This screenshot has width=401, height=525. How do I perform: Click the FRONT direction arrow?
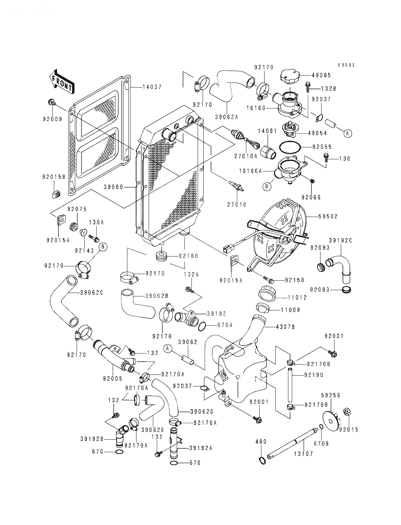click(62, 81)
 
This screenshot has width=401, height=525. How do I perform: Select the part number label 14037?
click(152, 87)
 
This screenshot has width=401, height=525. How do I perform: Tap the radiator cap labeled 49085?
click(289, 76)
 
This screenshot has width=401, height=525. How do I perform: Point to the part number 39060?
click(113, 187)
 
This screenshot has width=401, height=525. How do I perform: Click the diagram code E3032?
click(346, 65)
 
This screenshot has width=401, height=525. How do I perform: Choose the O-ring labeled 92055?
click(289, 147)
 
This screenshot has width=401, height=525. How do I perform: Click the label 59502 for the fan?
click(328, 216)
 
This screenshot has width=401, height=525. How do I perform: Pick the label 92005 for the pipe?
click(113, 378)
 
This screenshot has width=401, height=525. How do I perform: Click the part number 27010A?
click(246, 156)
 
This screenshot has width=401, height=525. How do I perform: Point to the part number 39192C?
click(340, 240)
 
